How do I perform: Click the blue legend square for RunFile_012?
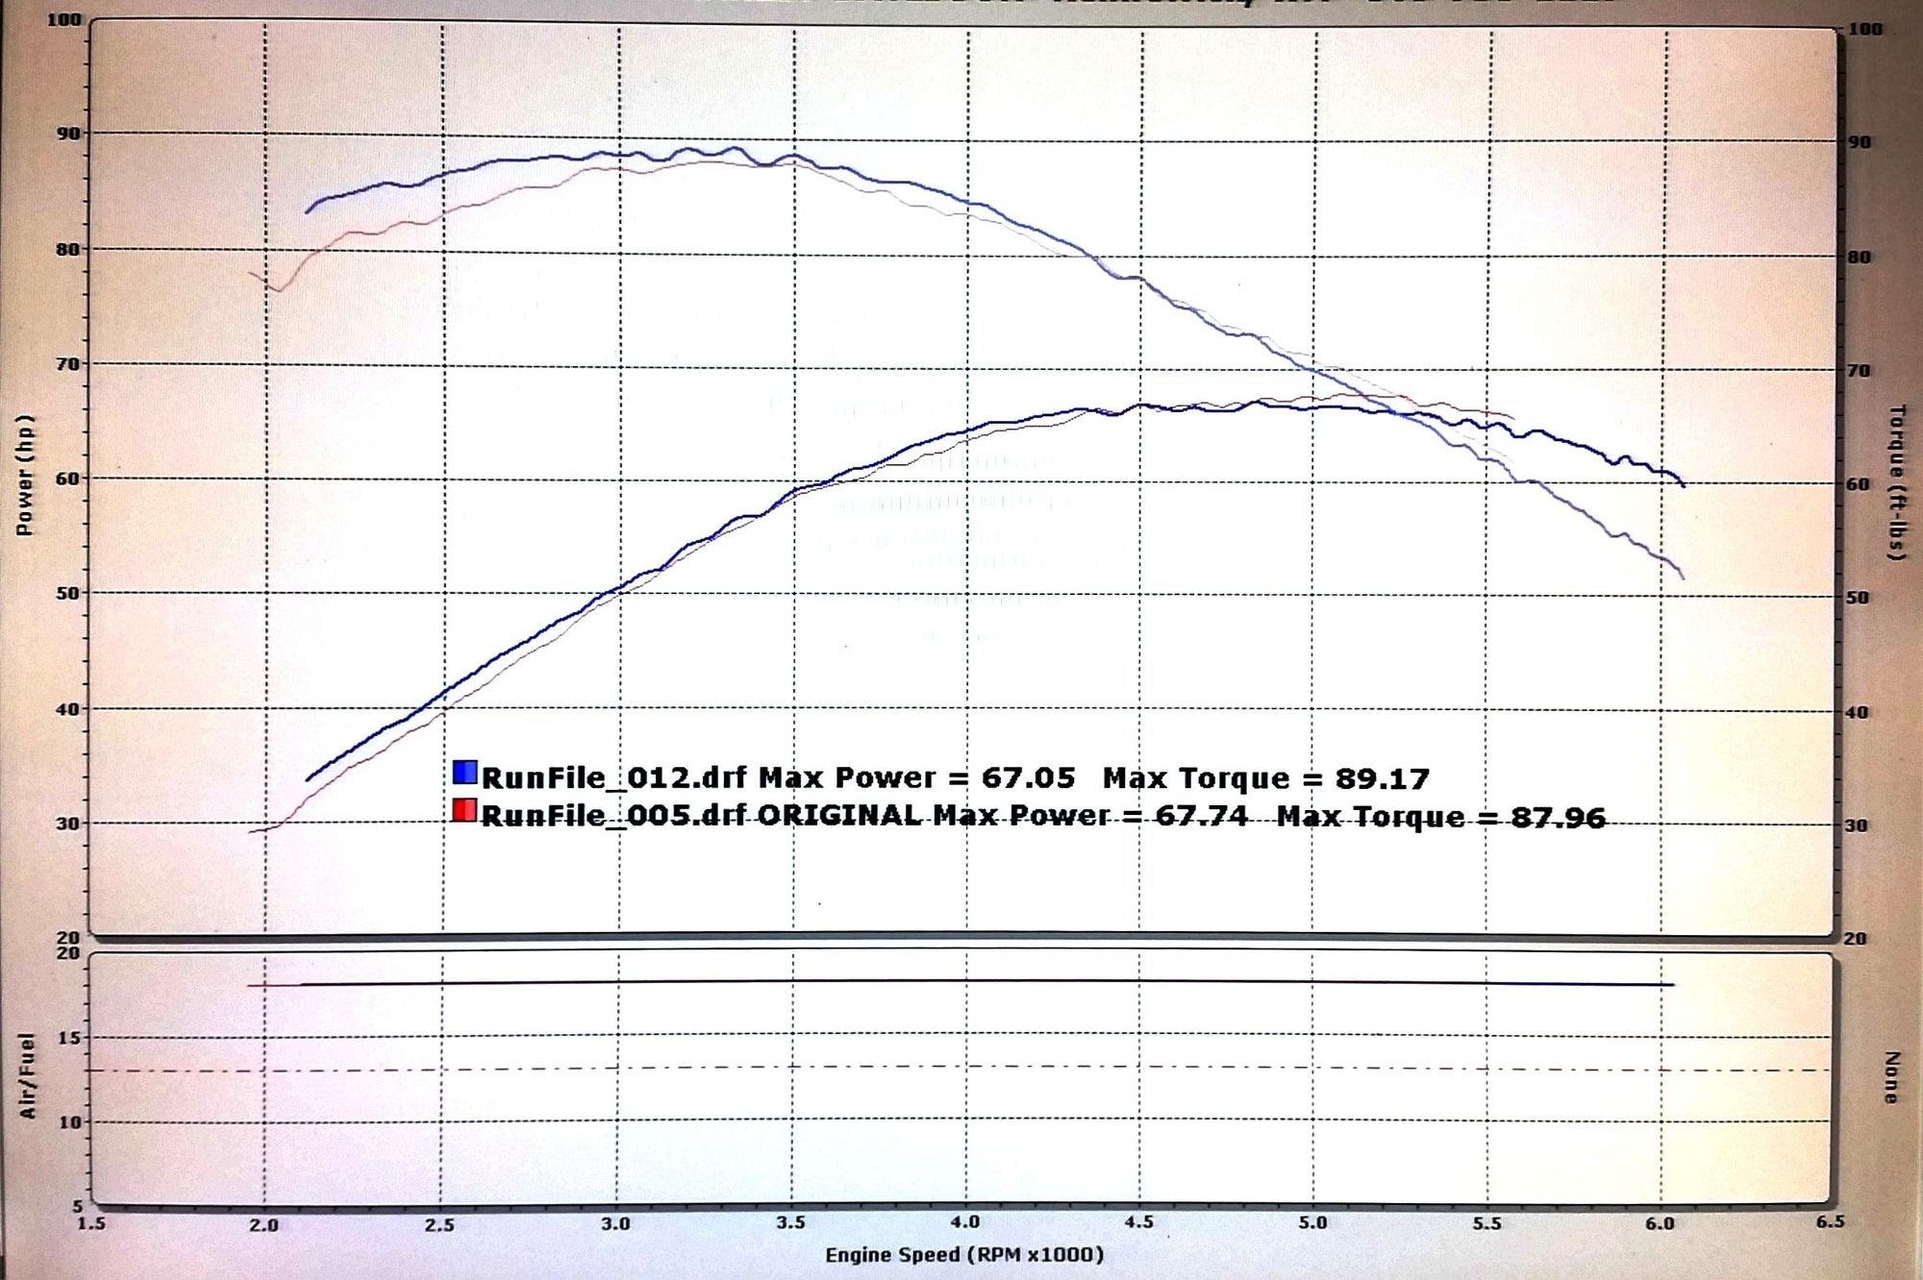[464, 772]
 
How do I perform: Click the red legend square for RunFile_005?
[464, 810]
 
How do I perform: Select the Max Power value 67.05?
[1028, 776]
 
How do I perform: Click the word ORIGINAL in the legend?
[839, 815]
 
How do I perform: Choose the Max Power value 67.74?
[1201, 816]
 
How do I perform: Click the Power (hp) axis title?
[25, 475]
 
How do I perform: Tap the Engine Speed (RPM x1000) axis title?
[964, 1254]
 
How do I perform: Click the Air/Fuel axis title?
[27, 1075]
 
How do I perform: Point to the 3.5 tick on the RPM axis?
[790, 1222]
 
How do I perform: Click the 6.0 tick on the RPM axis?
[1660, 1223]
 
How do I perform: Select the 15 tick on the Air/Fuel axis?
[69, 1037]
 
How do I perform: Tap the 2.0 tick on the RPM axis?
[263, 1224]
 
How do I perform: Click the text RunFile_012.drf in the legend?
[613, 776]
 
